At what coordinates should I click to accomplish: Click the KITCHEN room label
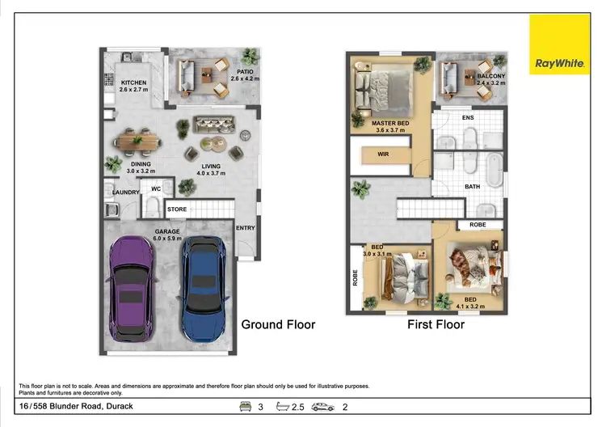pos(135,83)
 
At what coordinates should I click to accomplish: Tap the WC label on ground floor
pos(157,191)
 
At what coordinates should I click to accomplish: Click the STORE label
pos(177,209)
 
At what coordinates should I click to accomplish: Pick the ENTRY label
pos(245,228)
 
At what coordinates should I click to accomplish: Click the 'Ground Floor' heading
pos(278,324)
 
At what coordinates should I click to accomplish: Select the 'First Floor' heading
pos(436,324)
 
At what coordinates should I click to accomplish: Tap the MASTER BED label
pos(390,124)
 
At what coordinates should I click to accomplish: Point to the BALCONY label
pos(491,77)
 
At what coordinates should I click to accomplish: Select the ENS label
pos(467,118)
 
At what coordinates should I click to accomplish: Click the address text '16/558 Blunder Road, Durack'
pos(77,406)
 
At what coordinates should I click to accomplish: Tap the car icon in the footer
pos(322,406)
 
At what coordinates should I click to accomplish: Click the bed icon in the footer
pos(245,406)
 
